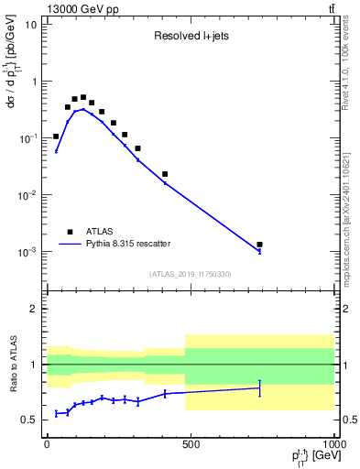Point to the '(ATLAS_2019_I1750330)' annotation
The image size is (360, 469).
[x=191, y=274]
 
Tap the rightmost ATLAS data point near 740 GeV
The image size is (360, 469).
[x=260, y=245]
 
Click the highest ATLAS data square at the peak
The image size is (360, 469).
[x=83, y=97]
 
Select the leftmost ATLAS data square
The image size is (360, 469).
[x=56, y=136]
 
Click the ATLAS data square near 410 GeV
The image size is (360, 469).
[x=165, y=174]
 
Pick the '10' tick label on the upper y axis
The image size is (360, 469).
[x=31, y=24]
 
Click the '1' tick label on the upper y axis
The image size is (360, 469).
[x=34, y=81]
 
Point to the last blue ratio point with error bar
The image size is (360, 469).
[x=260, y=388]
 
